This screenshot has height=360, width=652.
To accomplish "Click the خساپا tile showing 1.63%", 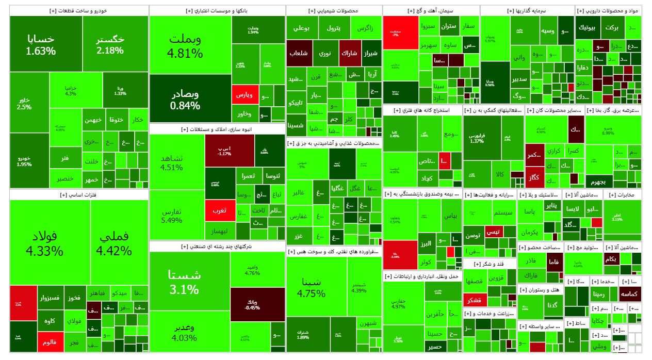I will click(x=40, y=44).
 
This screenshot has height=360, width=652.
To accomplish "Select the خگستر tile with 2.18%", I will click(x=110, y=44).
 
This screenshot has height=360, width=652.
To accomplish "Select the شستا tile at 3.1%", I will click(x=184, y=282).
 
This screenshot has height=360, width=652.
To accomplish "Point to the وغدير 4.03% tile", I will click(x=184, y=333).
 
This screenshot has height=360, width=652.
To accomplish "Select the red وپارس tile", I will click(x=243, y=95).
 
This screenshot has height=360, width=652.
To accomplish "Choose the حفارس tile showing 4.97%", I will click(x=399, y=303).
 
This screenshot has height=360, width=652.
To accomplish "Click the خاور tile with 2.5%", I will click(x=24, y=104).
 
